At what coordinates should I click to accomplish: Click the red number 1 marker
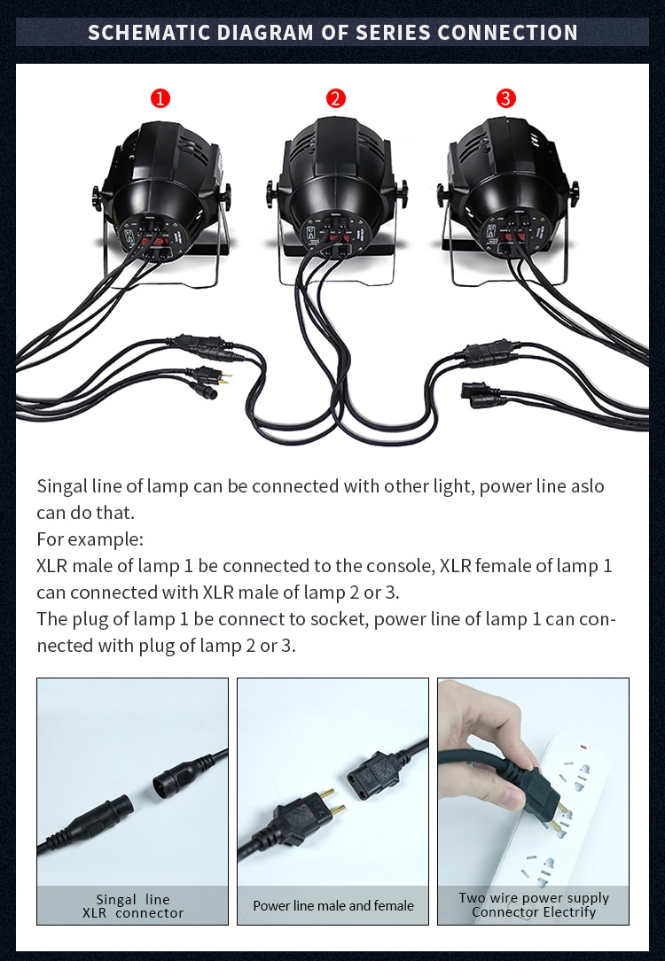(160, 98)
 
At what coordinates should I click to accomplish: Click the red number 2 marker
(335, 98)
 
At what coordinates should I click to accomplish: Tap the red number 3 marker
(505, 98)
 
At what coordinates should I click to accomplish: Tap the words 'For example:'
(89, 539)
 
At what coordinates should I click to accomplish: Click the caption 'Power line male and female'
(332, 905)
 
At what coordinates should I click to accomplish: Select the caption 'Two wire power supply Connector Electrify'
(533, 904)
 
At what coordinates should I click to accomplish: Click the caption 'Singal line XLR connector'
(132, 905)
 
